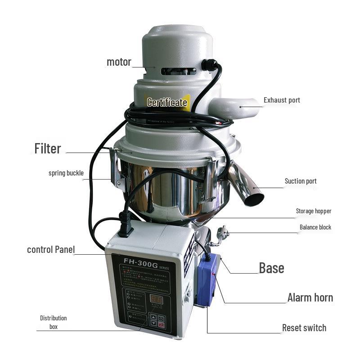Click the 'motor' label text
119,62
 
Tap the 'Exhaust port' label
282,100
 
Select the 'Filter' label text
48,148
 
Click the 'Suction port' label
301,181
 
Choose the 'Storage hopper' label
313,211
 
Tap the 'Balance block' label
315,227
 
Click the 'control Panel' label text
51,249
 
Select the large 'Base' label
271,268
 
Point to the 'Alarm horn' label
310,297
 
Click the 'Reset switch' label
304,328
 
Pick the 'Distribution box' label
53,322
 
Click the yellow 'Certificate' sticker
167,103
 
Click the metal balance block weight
222,233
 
